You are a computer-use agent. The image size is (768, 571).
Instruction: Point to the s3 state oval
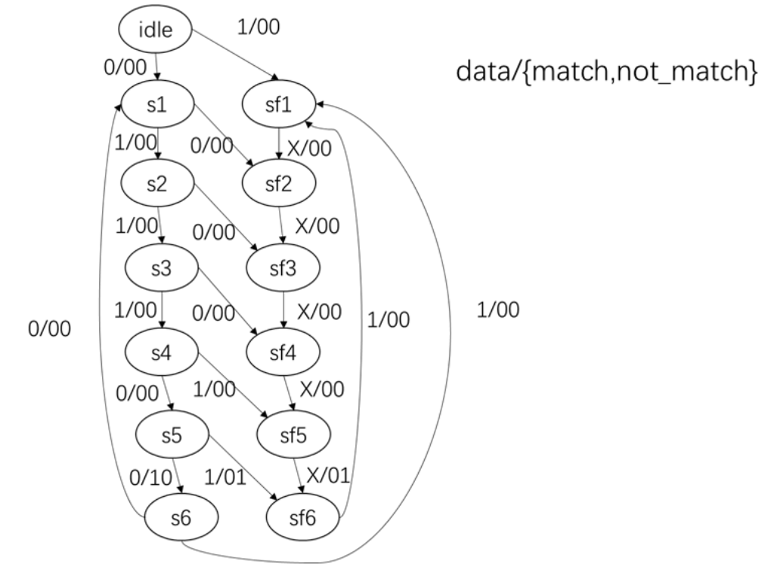pos(160,269)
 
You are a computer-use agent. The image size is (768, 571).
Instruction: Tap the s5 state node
pos(172,437)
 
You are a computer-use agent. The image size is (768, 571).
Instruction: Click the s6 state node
pos(181,519)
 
